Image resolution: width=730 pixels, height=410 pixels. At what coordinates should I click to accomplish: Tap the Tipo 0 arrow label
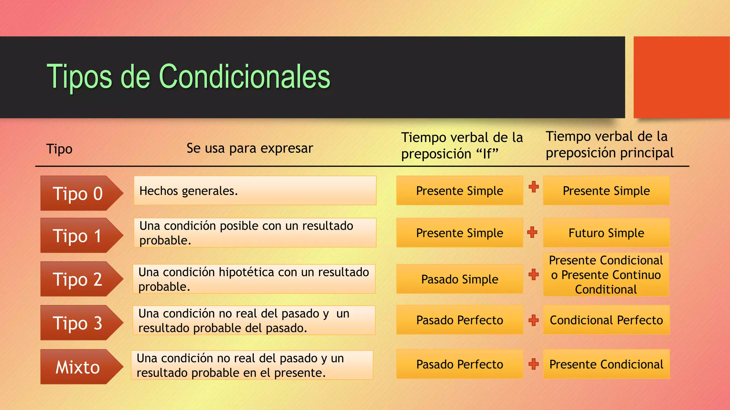(x=78, y=193)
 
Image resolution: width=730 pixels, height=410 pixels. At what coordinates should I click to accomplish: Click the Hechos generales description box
(x=255, y=190)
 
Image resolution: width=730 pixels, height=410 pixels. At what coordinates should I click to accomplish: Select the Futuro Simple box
(x=606, y=233)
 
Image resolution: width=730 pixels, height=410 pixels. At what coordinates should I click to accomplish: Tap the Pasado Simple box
(x=459, y=279)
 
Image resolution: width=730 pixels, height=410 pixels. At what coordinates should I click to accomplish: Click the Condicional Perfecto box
(x=606, y=320)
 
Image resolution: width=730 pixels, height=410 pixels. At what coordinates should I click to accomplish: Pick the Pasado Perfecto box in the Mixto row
(x=459, y=364)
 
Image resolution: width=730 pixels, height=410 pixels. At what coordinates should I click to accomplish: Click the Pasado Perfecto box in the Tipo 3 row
(x=459, y=320)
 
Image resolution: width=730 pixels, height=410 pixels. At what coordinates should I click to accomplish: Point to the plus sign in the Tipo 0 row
(x=534, y=186)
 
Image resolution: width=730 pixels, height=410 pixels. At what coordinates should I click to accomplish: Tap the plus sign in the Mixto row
(x=534, y=364)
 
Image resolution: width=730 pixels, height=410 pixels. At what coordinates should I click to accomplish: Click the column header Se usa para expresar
(x=250, y=148)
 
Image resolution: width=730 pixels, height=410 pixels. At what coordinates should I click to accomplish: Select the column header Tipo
(x=59, y=149)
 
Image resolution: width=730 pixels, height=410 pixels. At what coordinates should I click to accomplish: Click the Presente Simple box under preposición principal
(x=606, y=190)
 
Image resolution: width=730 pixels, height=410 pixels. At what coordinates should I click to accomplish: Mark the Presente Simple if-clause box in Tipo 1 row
(x=459, y=233)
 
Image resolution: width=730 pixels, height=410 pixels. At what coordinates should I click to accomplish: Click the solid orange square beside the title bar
(x=681, y=77)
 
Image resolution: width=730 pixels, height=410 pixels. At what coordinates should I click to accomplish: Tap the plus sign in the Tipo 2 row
(x=534, y=274)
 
